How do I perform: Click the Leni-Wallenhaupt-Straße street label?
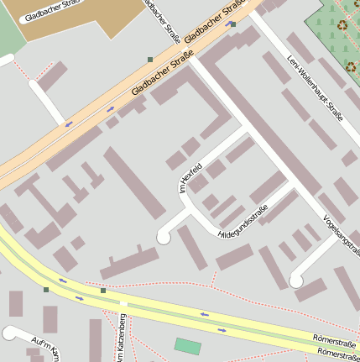[x=316, y=88]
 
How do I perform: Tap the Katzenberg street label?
[x=122, y=340]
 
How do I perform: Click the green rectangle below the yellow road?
[x=188, y=345]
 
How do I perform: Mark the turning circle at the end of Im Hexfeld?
[x=164, y=238]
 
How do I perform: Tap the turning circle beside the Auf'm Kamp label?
[x=9, y=334]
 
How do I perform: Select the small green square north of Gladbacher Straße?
[x=149, y=59]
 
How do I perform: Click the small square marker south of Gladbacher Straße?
[x=232, y=24]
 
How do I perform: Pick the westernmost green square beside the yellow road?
[x=46, y=290]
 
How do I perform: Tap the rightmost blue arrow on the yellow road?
[x=222, y=330]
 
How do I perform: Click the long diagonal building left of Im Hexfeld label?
[x=134, y=181]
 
